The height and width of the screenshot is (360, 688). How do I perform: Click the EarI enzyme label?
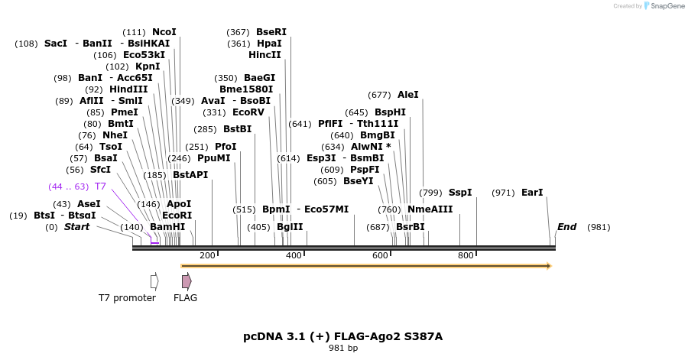tap(532, 193)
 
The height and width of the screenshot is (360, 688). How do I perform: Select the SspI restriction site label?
tap(460, 193)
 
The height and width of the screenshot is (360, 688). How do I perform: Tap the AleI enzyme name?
tap(408, 95)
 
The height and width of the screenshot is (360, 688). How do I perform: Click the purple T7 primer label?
tap(100, 186)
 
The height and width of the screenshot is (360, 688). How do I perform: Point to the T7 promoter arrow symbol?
tap(154, 281)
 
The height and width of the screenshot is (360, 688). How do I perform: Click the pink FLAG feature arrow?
tap(186, 281)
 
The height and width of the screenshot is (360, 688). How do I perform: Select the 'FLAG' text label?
tap(185, 298)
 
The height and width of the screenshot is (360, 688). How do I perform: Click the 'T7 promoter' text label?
tap(127, 298)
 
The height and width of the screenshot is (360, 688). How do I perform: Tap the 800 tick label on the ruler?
tap(465, 255)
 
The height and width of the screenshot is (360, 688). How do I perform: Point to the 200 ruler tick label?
tap(207, 255)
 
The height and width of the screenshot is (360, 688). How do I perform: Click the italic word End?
tap(566, 227)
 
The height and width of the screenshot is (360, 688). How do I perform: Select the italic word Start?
tap(76, 227)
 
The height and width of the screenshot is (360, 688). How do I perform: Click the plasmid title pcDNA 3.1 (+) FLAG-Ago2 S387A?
tap(343, 336)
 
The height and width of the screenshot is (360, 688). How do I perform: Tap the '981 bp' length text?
tap(343, 349)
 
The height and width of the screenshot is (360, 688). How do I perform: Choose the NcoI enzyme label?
tap(164, 32)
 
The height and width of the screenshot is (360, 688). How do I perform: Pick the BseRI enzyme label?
tap(271, 32)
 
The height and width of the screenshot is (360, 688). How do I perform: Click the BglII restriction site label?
tap(290, 227)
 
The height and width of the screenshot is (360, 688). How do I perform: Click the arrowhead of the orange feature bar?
tap(547, 266)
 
